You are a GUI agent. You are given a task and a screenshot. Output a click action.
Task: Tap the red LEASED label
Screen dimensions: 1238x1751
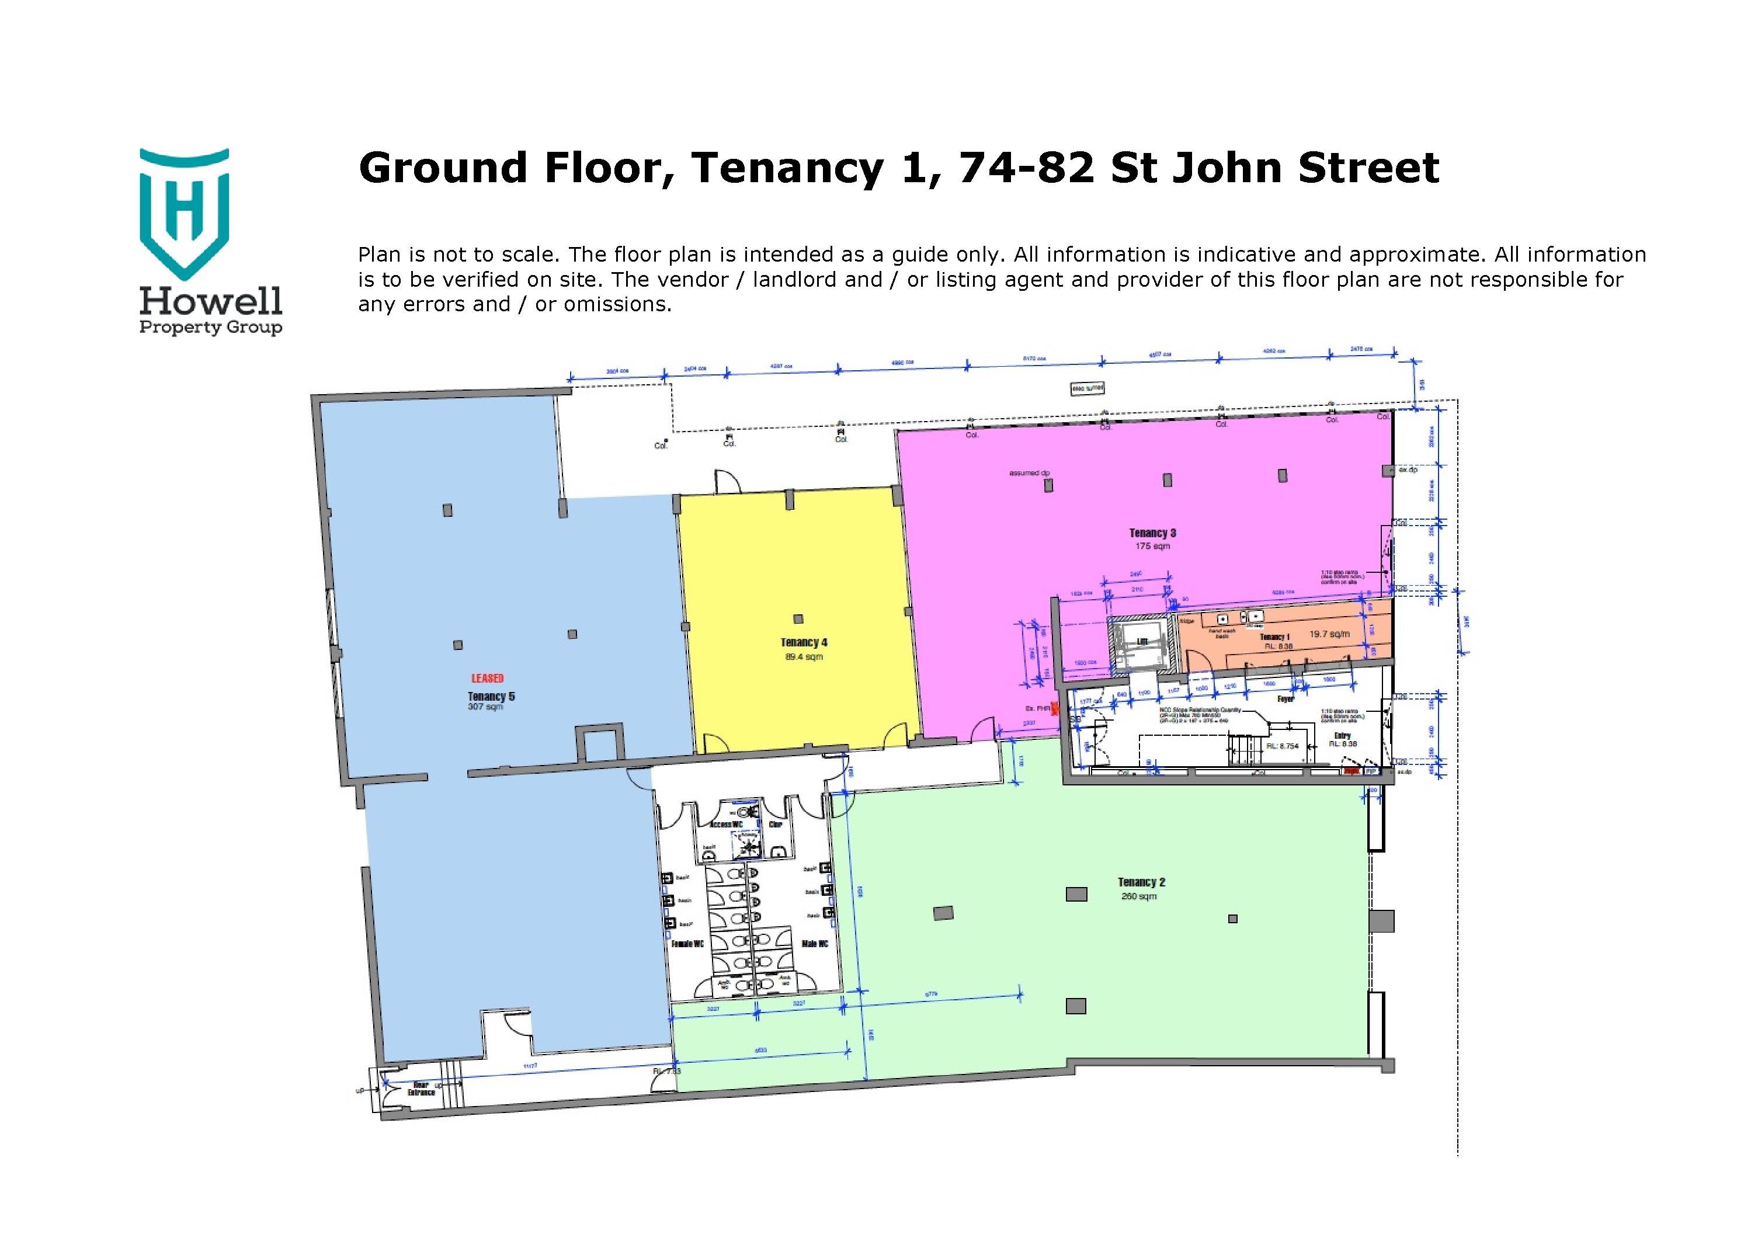[487, 678]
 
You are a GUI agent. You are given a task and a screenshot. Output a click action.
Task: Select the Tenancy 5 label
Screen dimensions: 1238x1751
[491, 696]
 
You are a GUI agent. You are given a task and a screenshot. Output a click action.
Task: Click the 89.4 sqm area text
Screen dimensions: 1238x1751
[804, 656]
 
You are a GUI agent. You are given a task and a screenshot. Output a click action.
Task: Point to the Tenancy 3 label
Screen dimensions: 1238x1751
[1152, 533]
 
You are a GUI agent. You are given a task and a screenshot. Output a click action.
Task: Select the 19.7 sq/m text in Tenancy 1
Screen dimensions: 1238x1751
[1329, 634]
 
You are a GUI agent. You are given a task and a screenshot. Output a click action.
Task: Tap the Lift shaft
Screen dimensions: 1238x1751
[1140, 642]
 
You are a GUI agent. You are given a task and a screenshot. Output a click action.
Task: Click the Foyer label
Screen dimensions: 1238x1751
[1285, 698]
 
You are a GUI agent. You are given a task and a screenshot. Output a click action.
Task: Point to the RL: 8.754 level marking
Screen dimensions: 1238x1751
[1282, 746]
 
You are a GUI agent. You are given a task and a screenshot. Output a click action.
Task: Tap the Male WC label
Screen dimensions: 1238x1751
[815, 944]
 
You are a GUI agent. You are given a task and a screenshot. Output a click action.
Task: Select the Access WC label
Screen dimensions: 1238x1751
[725, 825]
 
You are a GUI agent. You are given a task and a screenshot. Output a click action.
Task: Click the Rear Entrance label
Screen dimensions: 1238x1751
[420, 1089]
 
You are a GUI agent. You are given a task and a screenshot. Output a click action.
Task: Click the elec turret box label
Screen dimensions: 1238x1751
[1087, 388]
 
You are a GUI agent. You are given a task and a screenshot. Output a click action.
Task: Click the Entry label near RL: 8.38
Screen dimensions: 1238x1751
[1342, 736]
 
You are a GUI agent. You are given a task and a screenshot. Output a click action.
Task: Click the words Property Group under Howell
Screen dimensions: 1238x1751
[210, 328]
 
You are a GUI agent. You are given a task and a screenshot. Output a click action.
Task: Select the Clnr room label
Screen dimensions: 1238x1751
[775, 825]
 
